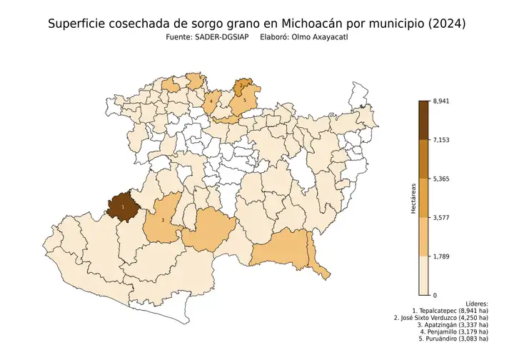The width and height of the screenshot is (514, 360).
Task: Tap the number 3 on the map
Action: [x=163, y=221]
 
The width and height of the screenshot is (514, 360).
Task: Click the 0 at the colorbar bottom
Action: [x=435, y=294]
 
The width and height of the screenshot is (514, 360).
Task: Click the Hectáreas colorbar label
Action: [x=413, y=198]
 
